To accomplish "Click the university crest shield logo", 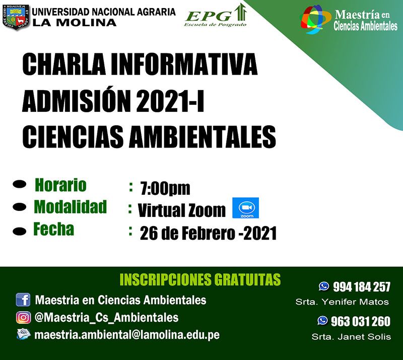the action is click(x=16, y=17).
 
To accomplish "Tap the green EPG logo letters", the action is click(x=209, y=16).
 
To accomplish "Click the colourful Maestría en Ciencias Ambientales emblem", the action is click(x=314, y=19).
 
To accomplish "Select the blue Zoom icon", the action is click(x=245, y=208).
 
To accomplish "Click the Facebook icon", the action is click(x=23, y=300).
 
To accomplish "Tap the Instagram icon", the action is click(x=23, y=317).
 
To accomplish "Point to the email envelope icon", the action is click(x=24, y=334).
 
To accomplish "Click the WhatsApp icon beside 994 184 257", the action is click(x=324, y=286).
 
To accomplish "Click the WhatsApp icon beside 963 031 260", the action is click(x=322, y=320).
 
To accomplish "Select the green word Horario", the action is click(x=60, y=185).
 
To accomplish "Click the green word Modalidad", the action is click(x=70, y=206).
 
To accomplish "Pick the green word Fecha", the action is click(x=54, y=229).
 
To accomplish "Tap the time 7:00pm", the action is click(x=165, y=189).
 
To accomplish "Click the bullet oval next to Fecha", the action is click(x=20, y=231).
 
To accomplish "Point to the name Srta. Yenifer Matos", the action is click(x=342, y=302).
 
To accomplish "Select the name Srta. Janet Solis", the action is click(x=351, y=337).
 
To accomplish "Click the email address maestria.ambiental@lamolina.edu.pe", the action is click(x=127, y=334).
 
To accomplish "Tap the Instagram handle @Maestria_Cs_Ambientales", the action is click(x=106, y=318).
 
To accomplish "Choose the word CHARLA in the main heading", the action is click(x=64, y=64).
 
